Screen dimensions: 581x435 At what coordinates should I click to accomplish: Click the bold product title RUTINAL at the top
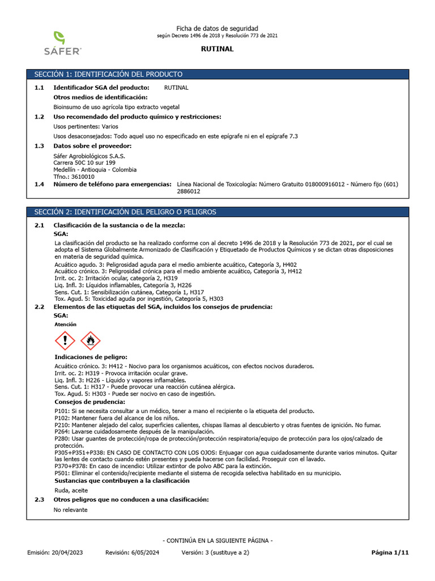click(x=217, y=49)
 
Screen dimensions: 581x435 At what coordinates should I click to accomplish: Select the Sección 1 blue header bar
click(x=217, y=74)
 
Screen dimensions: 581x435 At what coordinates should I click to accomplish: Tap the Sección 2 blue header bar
click(x=217, y=212)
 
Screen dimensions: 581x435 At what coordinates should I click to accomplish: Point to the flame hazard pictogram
click(x=90, y=340)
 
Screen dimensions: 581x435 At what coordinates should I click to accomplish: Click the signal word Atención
click(x=65, y=325)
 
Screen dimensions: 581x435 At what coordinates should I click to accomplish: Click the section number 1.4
click(x=39, y=184)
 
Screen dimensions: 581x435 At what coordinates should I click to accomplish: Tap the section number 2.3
click(x=39, y=499)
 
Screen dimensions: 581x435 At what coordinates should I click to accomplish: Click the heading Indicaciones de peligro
click(x=91, y=357)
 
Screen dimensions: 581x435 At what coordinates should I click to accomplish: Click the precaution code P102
click(x=62, y=418)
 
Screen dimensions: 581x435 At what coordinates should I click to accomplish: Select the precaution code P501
click(x=62, y=473)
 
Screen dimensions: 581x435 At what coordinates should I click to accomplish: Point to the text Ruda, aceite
click(x=71, y=490)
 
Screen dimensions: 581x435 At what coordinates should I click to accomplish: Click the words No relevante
click(x=70, y=510)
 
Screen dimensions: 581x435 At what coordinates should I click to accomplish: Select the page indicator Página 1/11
click(x=389, y=552)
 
